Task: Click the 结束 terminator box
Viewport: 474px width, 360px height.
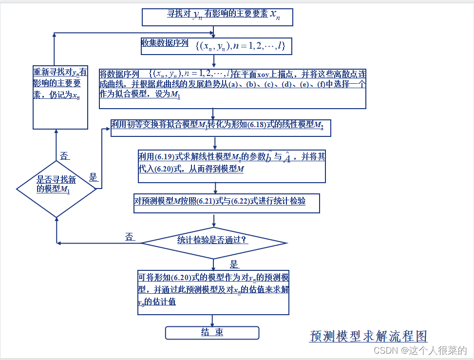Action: [212, 333]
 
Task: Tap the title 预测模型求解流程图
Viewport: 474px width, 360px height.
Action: [368, 336]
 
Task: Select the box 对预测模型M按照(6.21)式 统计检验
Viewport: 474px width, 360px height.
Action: [227, 203]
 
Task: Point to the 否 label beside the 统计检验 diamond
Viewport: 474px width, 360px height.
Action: [130, 237]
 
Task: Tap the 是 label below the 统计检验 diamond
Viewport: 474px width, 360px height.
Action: [234, 265]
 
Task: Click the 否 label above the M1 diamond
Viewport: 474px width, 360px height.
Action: [64, 156]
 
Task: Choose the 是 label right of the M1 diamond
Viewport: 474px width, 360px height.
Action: [93, 178]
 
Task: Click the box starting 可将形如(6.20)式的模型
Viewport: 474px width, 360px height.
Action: [213, 292]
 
